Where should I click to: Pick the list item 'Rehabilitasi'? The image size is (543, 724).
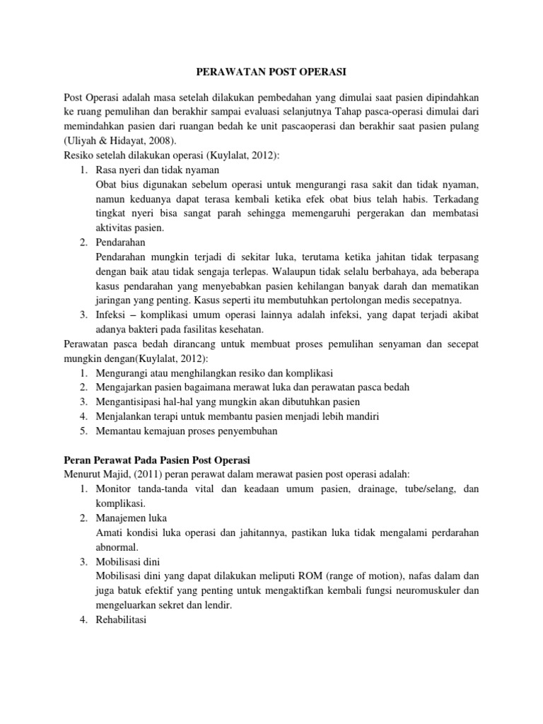tap(121, 620)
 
